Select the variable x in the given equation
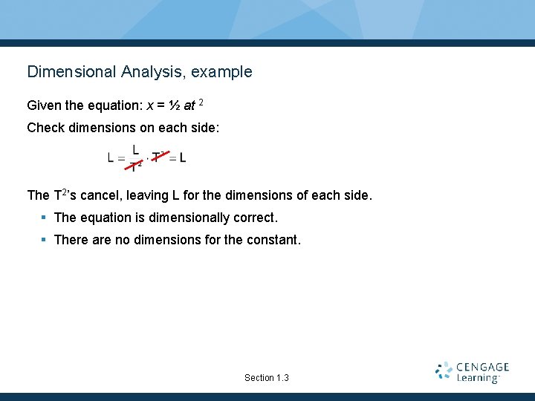[150, 106]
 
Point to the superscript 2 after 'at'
[201, 102]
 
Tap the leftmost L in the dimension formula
[111, 157]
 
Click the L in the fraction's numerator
[135, 149]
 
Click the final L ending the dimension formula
[183, 157]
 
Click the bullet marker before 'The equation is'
[45, 218]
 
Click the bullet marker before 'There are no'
[45, 241]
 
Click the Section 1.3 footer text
[267, 378]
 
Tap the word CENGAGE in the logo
[483, 367]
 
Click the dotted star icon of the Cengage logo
[444, 371]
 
